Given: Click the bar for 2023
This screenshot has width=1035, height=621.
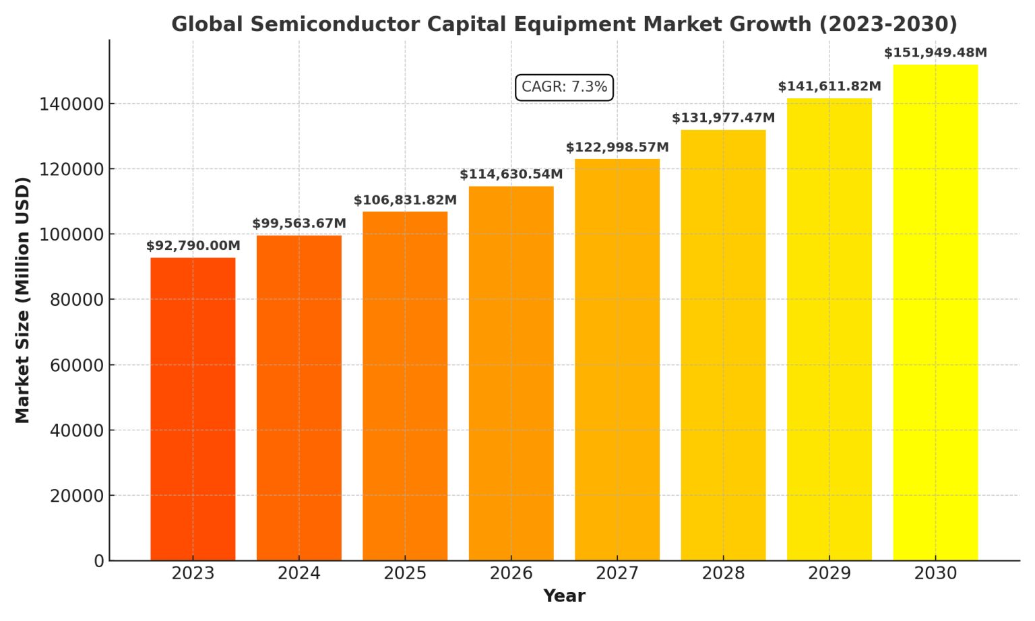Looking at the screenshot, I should pos(193,409).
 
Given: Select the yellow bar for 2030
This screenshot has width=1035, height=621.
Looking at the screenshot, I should pos(935,313).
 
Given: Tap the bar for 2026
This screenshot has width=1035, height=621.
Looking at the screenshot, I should pos(511,373).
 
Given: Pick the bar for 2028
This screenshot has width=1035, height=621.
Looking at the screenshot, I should pos(723,345).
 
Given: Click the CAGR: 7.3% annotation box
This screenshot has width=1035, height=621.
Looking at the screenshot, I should pos(564,88).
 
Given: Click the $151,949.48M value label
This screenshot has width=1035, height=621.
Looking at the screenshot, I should pos(935,53).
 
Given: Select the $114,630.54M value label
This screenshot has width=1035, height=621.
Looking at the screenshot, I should pos(511,175).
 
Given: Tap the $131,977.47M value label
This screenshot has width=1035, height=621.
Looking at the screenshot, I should pos(723,119).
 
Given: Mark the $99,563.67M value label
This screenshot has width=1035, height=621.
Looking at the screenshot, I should pos(299,224).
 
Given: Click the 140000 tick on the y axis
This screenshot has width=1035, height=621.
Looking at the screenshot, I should pos(73,104).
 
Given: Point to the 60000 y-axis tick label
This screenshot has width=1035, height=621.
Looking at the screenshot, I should pos(77,366).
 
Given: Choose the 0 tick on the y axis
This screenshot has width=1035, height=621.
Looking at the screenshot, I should pos(99,561).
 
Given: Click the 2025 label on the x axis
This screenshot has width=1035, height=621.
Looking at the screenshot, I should pos(405,574).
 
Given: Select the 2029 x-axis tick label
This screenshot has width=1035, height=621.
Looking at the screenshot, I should pos(829,574).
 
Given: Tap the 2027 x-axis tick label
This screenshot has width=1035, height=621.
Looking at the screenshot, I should pos(617,574).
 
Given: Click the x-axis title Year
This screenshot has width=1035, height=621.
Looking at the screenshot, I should pos(564,597).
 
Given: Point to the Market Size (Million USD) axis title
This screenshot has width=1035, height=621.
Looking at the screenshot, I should pos(23,300).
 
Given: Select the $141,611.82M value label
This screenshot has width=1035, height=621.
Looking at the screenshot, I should pos(829,87).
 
